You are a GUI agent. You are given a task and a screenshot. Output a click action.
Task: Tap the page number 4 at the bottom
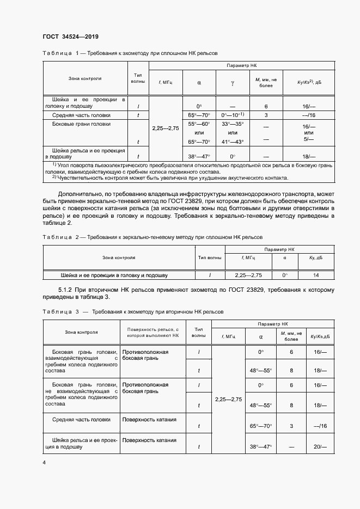pos(44,462)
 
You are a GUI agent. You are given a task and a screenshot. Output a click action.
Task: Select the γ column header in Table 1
pos(232,83)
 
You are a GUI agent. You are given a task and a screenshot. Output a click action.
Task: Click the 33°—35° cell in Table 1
pos(232,124)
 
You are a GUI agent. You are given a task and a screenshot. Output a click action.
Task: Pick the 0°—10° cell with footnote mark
pos(232,115)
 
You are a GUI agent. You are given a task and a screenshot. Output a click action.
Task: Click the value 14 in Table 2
pos(316,275)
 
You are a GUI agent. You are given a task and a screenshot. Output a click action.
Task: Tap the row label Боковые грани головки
pos(81,124)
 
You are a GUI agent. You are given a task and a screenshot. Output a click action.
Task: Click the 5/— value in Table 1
pos(309,139)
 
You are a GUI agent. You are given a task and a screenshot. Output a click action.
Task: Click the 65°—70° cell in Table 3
pos(260,426)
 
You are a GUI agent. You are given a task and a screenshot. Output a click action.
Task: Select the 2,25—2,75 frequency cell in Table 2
pos(248,275)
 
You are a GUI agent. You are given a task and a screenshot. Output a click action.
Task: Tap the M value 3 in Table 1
pos(266,115)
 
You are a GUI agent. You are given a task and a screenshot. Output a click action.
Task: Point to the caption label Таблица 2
pos(58,237)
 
